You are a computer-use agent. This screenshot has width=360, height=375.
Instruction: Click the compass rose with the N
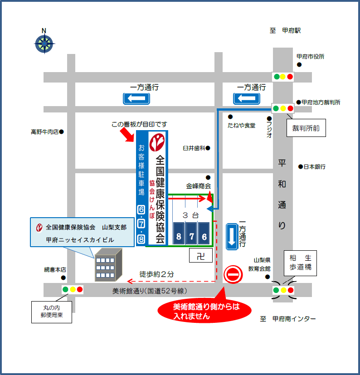44,44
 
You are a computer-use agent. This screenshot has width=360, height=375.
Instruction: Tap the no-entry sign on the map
233,275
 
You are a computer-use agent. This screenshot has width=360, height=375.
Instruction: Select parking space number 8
179,234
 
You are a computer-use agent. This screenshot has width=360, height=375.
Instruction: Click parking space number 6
204,234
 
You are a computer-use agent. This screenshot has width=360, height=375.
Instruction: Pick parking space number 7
191,234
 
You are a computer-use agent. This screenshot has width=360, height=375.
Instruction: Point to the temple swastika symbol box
200,256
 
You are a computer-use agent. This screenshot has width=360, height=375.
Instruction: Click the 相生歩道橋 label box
301,263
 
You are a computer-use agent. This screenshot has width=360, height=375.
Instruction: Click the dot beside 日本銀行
301,167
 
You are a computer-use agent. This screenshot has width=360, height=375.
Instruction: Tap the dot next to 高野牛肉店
62,132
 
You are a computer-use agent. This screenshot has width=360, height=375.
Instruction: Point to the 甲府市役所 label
311,57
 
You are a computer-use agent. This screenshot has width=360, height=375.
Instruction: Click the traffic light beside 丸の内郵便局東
73,289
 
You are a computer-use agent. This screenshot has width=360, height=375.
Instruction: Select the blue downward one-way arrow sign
232,236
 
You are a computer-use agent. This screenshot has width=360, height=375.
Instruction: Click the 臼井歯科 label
194,148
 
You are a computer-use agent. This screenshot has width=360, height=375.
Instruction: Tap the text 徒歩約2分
156,274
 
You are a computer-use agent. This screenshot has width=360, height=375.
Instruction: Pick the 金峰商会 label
199,186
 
